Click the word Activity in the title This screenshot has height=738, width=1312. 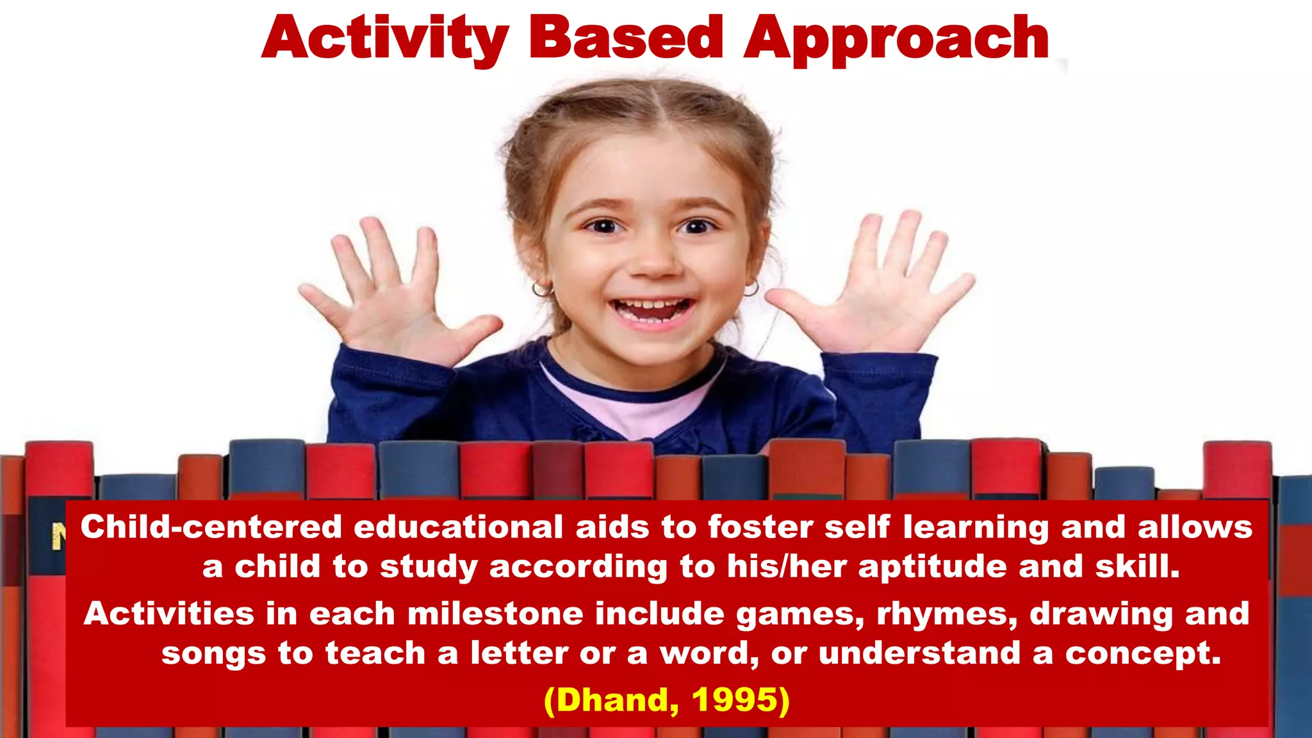click(384, 38)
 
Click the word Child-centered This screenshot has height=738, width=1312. click(211, 527)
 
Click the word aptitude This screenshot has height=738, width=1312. click(933, 567)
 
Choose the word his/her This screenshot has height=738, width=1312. click(787, 566)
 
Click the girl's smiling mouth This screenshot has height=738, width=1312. click(652, 309)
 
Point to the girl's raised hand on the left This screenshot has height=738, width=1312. click(392, 295)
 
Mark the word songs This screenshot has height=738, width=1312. click(213, 653)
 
